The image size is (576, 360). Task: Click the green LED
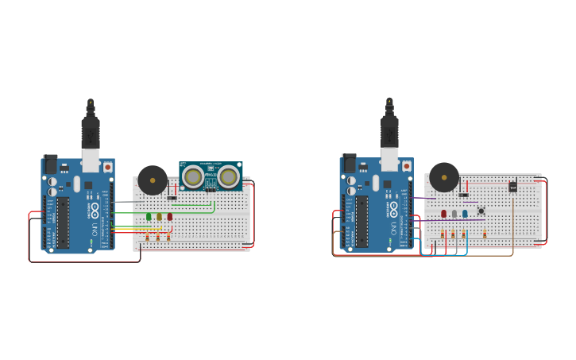pyautogui.click(x=149, y=216)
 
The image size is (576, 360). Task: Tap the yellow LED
pyautogui.click(x=159, y=216)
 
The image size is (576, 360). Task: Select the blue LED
pyautogui.click(x=465, y=213)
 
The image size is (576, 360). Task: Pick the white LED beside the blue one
pyautogui.click(x=454, y=213)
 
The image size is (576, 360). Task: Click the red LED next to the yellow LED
pyautogui.click(x=169, y=216)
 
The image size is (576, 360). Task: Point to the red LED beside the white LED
pyautogui.click(x=444, y=213)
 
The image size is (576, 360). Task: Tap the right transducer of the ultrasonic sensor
pyautogui.click(x=228, y=176)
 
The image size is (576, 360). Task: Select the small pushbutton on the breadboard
pyautogui.click(x=481, y=211)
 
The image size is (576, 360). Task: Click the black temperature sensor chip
pyautogui.click(x=512, y=186)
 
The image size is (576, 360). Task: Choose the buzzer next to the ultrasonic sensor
pyautogui.click(x=153, y=180)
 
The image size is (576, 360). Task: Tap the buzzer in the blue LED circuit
pyautogui.click(x=444, y=176)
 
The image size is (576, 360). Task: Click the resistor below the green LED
pyautogui.click(x=148, y=236)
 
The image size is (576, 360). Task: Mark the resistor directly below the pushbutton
pyautogui.click(x=484, y=234)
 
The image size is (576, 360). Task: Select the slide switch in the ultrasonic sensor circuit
pyautogui.click(x=172, y=198)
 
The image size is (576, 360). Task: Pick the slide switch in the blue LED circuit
pyautogui.click(x=463, y=195)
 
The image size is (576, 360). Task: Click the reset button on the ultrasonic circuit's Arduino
pyautogui.click(x=108, y=168)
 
